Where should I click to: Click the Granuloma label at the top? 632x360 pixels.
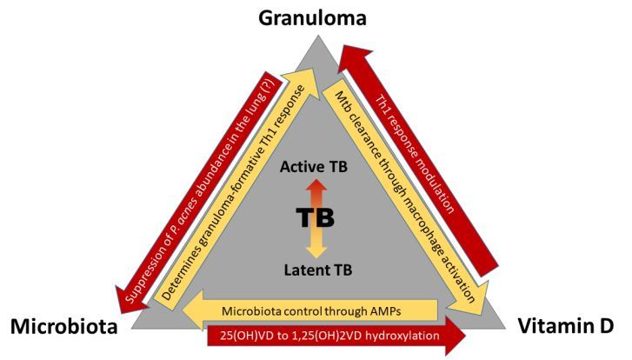click(x=316, y=18)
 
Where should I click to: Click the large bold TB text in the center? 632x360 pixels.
click(x=316, y=217)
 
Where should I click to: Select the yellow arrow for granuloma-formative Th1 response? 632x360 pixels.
click(x=230, y=196)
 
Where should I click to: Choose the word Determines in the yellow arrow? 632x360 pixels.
click(x=176, y=277)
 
